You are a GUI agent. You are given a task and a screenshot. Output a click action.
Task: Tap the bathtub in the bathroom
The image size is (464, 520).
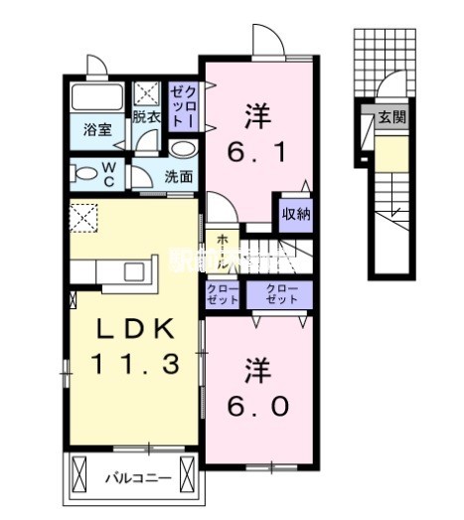(x=96, y=98)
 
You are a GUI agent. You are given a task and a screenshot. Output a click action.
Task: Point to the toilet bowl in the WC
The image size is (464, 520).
(x=84, y=172)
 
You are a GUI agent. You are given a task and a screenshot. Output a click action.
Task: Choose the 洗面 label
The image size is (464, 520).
(x=179, y=177)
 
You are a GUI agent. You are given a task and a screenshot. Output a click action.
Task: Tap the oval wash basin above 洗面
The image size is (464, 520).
(x=182, y=149)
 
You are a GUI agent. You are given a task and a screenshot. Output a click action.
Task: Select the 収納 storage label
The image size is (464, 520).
(x=295, y=212)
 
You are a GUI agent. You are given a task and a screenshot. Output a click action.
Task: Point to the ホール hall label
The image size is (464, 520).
(x=217, y=253)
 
